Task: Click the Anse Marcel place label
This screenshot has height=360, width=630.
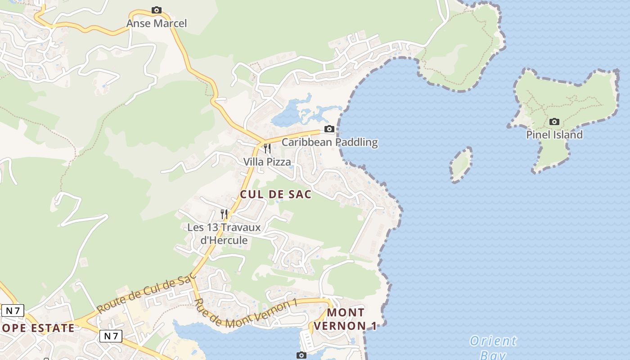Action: [x=156, y=23]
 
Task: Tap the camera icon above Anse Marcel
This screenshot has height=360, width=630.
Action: [x=156, y=10]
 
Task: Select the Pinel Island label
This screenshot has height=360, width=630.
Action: [x=554, y=135]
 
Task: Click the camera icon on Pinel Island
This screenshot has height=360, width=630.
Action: [x=554, y=121]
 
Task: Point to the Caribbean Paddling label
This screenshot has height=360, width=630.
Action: [x=329, y=143]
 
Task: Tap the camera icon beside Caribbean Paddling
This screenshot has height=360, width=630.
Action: [x=329, y=129]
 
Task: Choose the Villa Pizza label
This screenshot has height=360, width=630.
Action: [x=267, y=162]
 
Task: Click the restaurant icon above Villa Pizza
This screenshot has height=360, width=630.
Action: [x=267, y=148]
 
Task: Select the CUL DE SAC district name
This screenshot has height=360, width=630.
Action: [x=276, y=194]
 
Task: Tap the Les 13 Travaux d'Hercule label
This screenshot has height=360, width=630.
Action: [x=224, y=234]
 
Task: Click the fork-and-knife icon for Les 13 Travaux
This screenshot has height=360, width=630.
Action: [x=224, y=214]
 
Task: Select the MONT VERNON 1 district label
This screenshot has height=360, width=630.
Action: [x=346, y=319]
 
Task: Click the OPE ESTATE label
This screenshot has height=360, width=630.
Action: [x=38, y=328]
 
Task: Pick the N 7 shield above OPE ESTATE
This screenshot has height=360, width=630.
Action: [x=13, y=310]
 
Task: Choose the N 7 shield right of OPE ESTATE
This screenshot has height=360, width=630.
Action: [x=111, y=336]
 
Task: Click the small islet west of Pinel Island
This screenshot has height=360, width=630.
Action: [x=461, y=164]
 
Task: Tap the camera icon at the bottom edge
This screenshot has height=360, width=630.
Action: [x=301, y=355]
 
